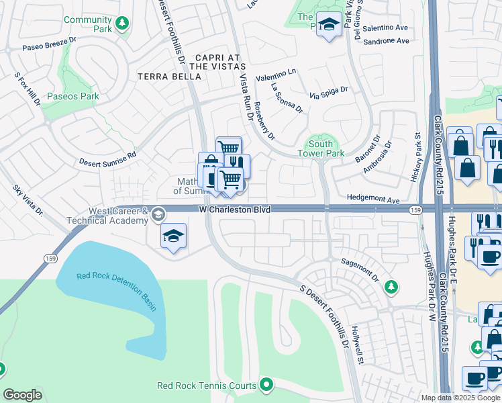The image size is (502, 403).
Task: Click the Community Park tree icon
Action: tap(121, 25)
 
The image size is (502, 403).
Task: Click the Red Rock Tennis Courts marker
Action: tap(266, 385)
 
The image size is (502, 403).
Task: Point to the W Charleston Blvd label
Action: tap(235, 210)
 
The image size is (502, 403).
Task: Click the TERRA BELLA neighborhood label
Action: tap(169, 77)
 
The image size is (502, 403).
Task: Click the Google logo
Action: tap(22, 395)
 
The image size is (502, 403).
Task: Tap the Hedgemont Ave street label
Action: tap(373, 200)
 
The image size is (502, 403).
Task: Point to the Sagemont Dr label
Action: tap(360, 269)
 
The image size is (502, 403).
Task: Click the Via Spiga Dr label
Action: tap(328, 93)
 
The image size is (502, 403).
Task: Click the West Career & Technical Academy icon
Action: tap(158, 214)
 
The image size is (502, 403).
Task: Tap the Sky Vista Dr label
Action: tap(28, 201)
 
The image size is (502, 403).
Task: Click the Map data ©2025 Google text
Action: tap(460, 398)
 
